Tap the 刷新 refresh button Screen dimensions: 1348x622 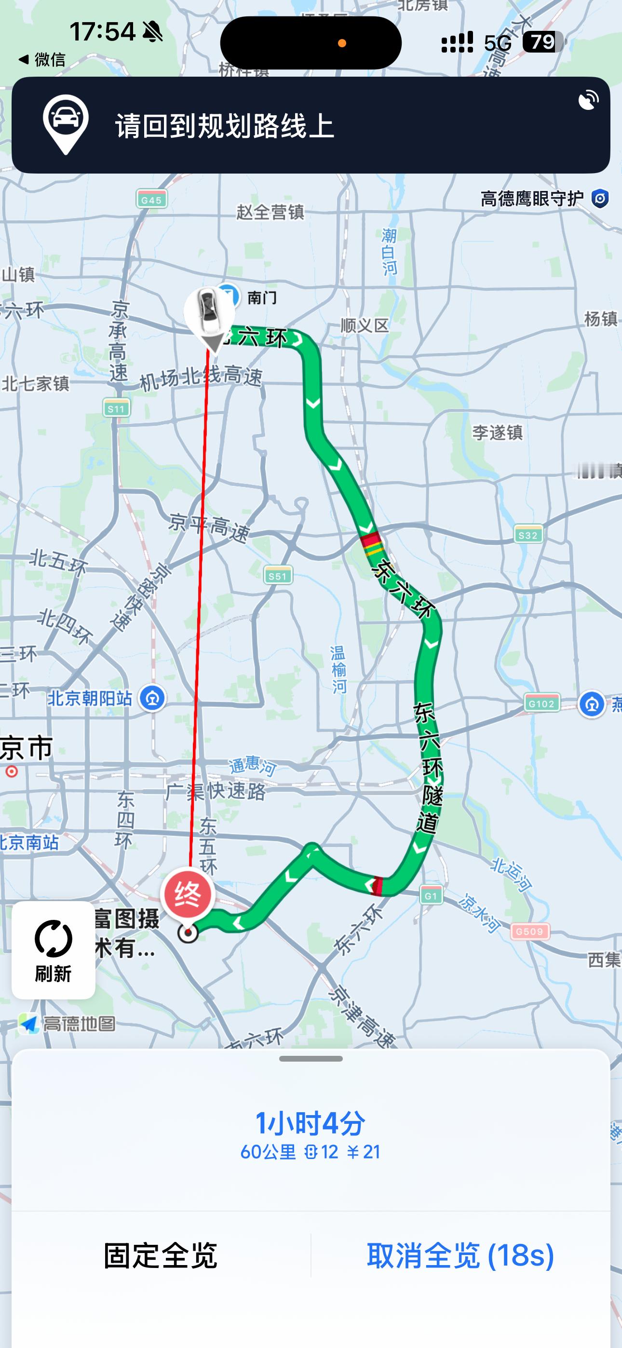(x=54, y=949)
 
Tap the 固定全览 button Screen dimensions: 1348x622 (x=160, y=1255)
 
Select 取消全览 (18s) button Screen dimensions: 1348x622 (x=460, y=1255)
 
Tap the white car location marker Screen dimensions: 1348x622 (x=209, y=312)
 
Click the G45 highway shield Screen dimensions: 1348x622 (x=151, y=200)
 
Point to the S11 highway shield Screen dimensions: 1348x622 (x=116, y=408)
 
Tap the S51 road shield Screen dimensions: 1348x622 (x=278, y=576)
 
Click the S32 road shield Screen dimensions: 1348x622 (x=528, y=535)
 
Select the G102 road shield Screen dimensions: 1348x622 (x=541, y=703)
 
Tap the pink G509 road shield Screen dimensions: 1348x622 (x=530, y=931)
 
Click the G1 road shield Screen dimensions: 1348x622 (x=431, y=896)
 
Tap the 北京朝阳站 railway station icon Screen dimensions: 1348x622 (x=152, y=698)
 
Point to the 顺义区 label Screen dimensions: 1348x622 (x=365, y=325)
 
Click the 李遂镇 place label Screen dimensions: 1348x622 (x=498, y=433)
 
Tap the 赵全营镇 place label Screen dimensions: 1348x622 (x=270, y=212)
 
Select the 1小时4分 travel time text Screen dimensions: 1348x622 (x=310, y=1123)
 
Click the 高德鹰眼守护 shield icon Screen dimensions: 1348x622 (x=600, y=199)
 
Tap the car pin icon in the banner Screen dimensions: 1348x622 (x=66, y=123)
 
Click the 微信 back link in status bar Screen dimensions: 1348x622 (x=43, y=60)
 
